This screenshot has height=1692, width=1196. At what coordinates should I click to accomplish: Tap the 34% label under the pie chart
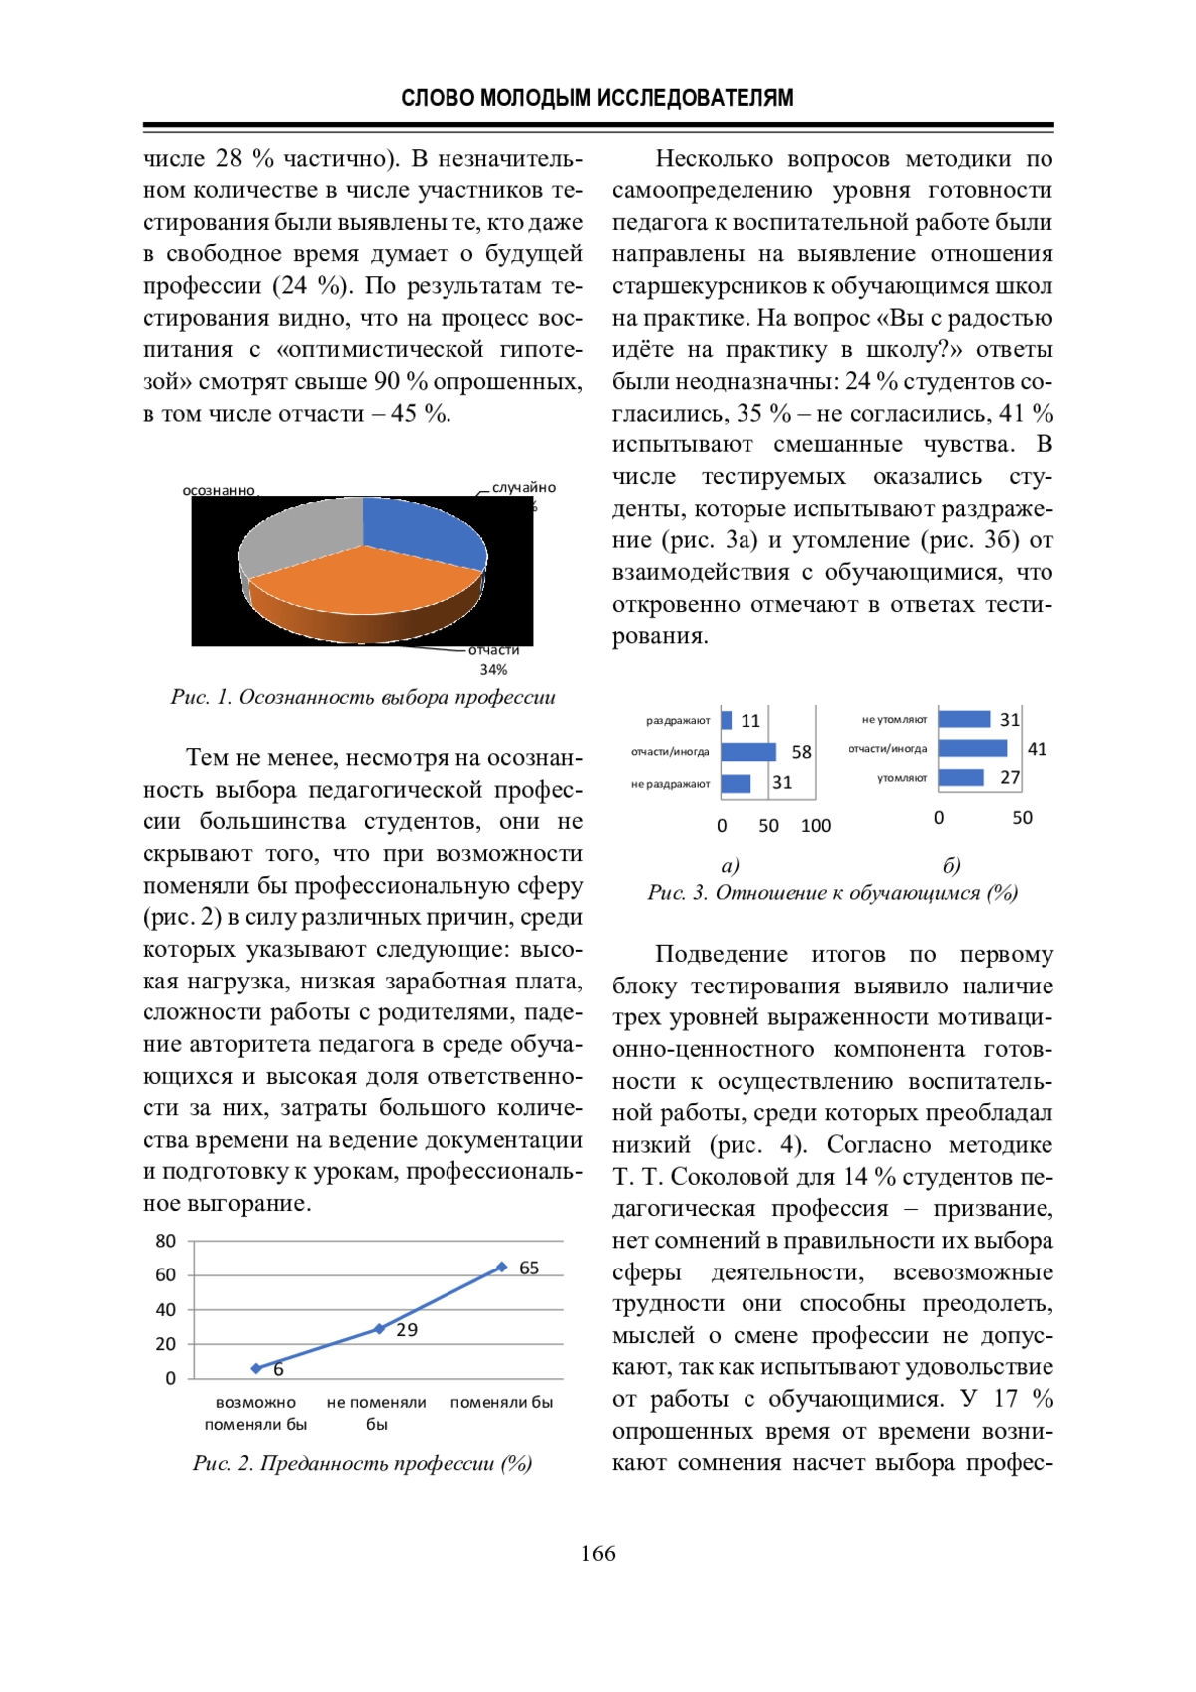coord(493,670)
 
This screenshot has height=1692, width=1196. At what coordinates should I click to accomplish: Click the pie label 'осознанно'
coord(218,490)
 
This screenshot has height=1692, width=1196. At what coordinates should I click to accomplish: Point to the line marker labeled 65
coord(501,1268)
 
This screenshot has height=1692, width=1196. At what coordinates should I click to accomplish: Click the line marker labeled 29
coord(379,1328)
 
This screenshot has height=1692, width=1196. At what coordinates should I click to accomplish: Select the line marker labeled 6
coord(256,1368)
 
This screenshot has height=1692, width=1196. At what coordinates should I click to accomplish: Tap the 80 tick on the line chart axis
coord(165,1242)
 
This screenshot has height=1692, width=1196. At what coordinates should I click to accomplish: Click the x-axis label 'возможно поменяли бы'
coord(256,1413)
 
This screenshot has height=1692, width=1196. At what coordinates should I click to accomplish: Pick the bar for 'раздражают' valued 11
coord(727,720)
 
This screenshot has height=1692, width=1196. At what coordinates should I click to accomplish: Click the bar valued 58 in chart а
coord(747,752)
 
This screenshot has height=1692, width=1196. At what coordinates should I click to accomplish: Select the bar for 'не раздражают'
coord(736,784)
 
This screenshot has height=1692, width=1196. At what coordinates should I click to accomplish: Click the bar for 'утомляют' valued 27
coord(961,778)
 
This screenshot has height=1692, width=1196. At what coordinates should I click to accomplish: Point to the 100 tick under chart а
coord(815,826)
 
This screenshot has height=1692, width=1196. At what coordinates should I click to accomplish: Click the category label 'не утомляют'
coord(894,719)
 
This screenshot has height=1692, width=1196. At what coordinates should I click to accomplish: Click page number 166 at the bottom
coord(598,1553)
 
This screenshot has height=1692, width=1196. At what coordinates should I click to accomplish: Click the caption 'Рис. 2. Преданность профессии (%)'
coord(363,1463)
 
